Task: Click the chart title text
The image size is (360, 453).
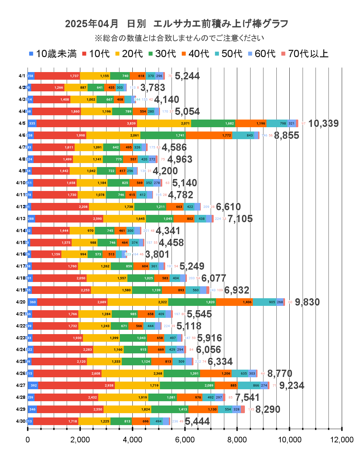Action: [177, 24]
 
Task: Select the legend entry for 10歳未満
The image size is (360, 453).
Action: [53, 54]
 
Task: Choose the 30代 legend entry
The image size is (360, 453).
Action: [162, 54]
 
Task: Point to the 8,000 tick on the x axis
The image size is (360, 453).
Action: [237, 440]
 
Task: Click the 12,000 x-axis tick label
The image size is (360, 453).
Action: [342, 440]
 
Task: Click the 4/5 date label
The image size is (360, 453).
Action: [22, 123]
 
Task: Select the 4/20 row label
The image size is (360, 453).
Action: [21, 302]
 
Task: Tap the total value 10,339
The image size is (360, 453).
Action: [324, 124]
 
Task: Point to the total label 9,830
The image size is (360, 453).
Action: [307, 302]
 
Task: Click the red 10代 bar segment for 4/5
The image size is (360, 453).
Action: [86, 123]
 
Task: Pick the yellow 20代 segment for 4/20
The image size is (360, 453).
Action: [138, 302]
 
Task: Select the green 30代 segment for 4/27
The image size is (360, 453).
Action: [187, 385]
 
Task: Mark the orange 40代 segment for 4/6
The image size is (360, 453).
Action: [209, 135]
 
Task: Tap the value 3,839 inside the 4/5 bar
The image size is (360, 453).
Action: [131, 124]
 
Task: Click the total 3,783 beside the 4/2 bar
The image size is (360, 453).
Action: [153, 88]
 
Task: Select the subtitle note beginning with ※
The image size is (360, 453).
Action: [180, 38]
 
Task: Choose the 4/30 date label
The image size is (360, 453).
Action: [21, 421]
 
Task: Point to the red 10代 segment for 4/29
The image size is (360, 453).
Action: [70, 409]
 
